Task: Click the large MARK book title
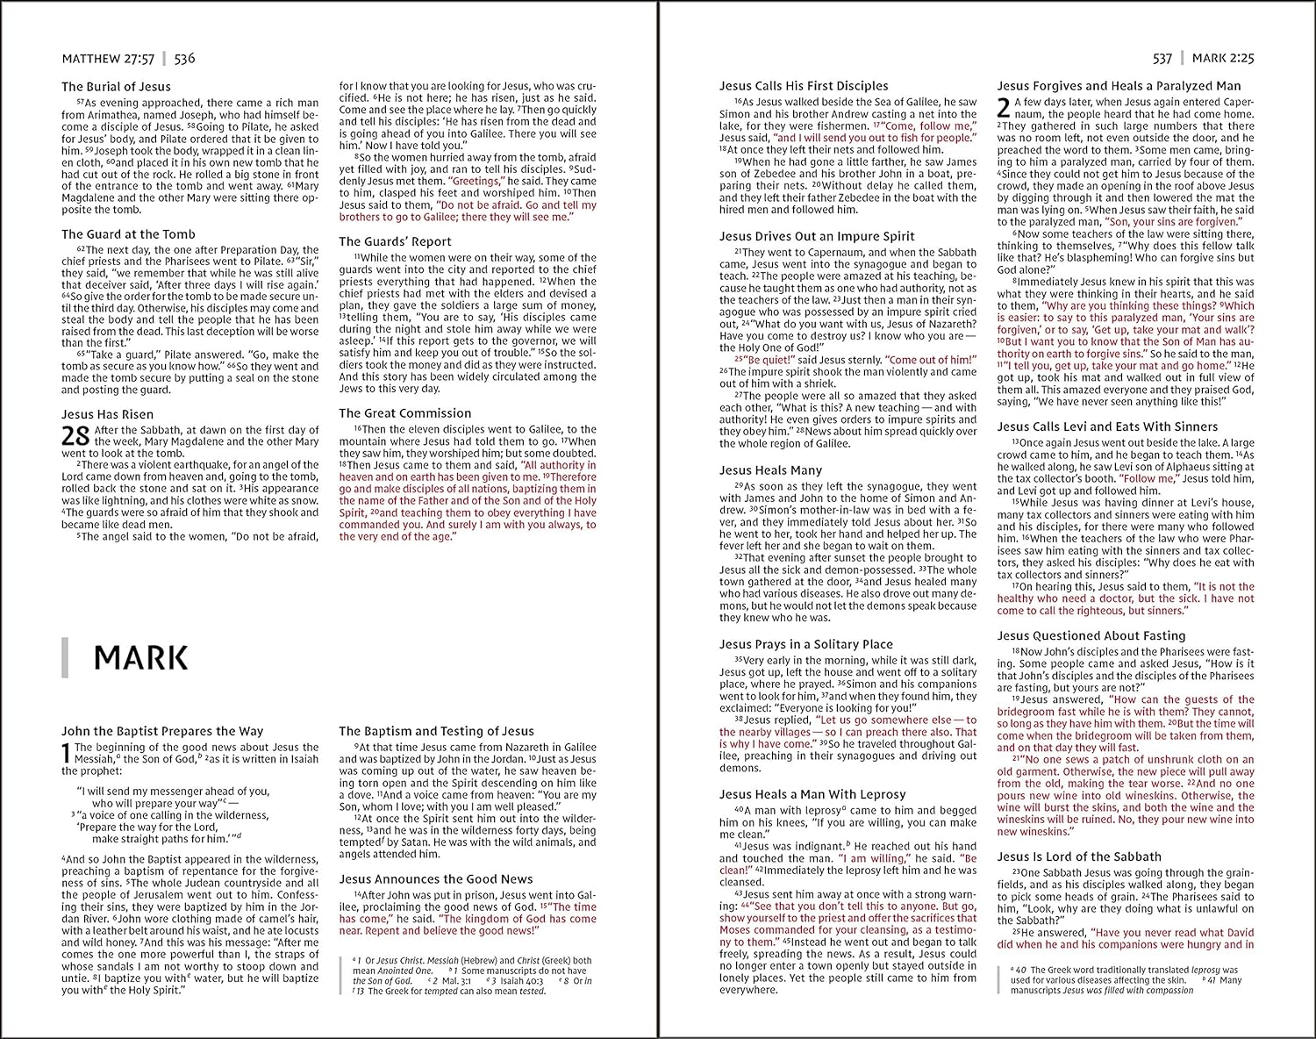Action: [140, 657]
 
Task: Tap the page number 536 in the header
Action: [184, 59]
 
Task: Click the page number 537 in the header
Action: [1162, 59]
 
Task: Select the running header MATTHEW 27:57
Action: [108, 59]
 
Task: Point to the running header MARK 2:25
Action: [1223, 59]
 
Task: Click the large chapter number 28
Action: [75, 436]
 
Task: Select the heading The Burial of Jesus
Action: [116, 86]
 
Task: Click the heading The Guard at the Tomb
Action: [128, 234]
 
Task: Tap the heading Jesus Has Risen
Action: [107, 414]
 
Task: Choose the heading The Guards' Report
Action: [395, 241]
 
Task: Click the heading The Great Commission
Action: [405, 412]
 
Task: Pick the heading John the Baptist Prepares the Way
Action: [162, 730]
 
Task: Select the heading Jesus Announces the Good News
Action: [436, 878]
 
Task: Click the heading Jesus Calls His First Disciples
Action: [804, 86]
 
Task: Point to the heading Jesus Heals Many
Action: [770, 470]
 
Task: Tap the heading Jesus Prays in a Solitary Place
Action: [805, 644]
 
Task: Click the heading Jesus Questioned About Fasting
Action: [1091, 635]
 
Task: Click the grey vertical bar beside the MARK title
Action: [65, 658]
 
